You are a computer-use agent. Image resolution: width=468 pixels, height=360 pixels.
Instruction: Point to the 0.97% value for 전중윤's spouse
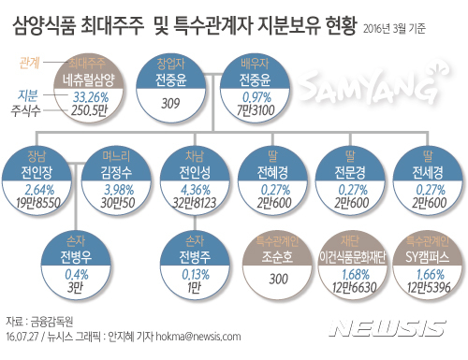256,96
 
